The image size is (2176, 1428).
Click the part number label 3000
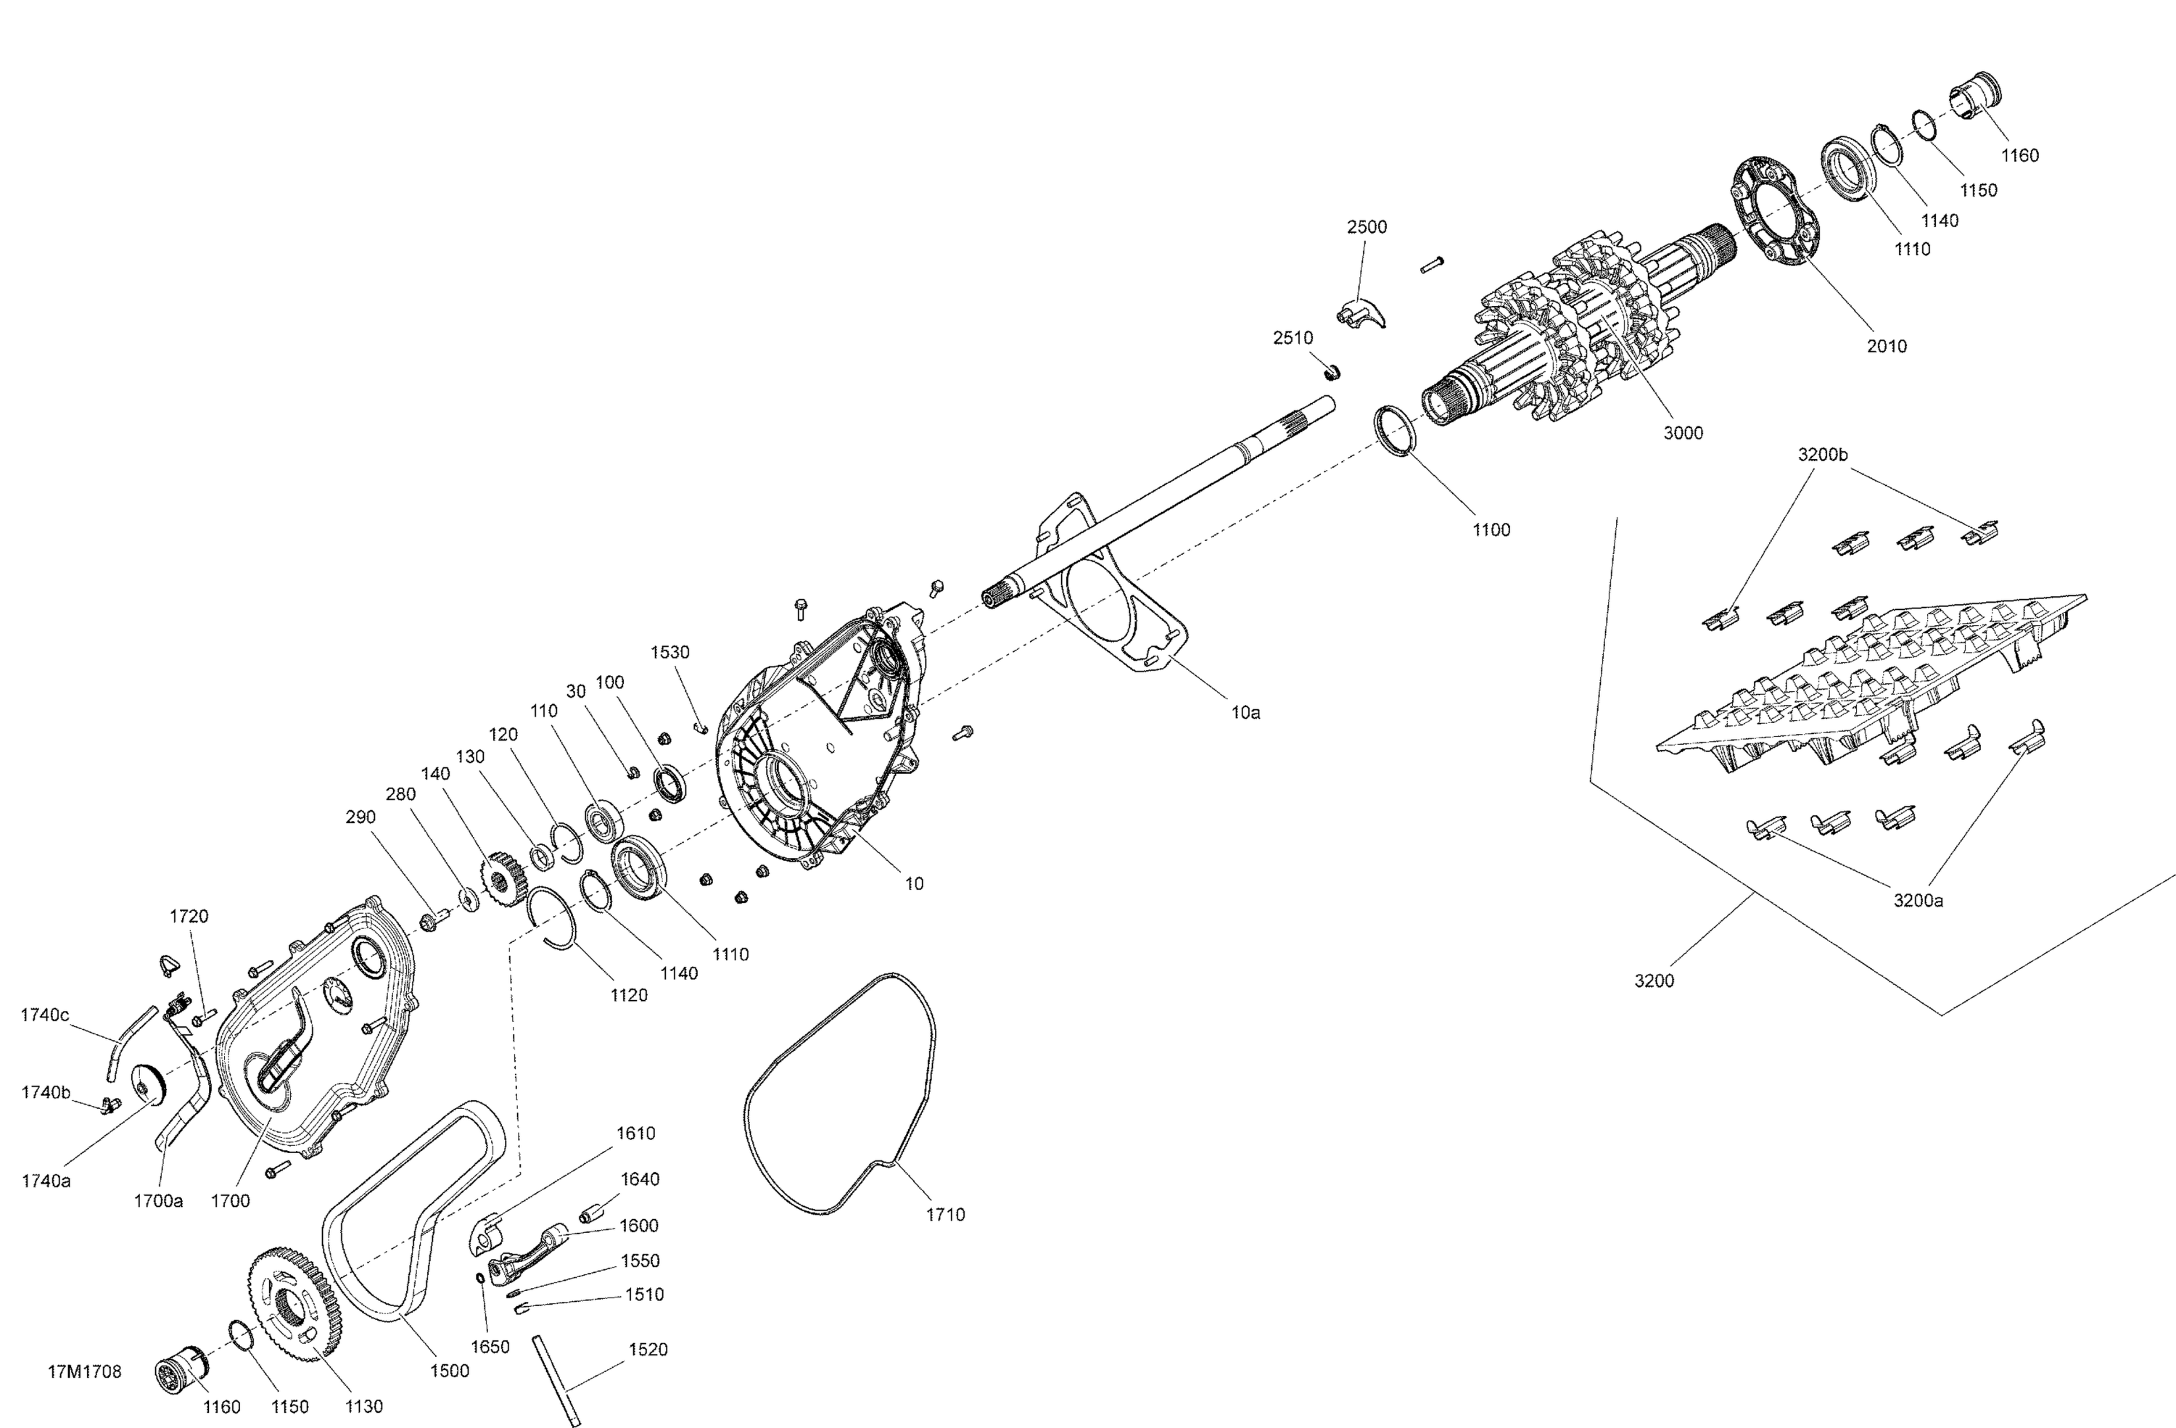coord(1682,434)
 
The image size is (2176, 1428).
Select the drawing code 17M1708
coord(84,1372)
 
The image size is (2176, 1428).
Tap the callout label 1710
coord(945,1215)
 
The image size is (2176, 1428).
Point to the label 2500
coord(1367,227)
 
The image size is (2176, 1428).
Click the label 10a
coord(1245,713)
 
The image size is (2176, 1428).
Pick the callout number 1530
coord(670,653)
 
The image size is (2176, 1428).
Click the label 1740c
coord(45,1015)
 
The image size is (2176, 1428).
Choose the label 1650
coord(490,1347)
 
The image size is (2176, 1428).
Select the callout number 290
coord(360,817)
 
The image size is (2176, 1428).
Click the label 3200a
coord(1919,901)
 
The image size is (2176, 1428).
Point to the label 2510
coord(1293,338)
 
